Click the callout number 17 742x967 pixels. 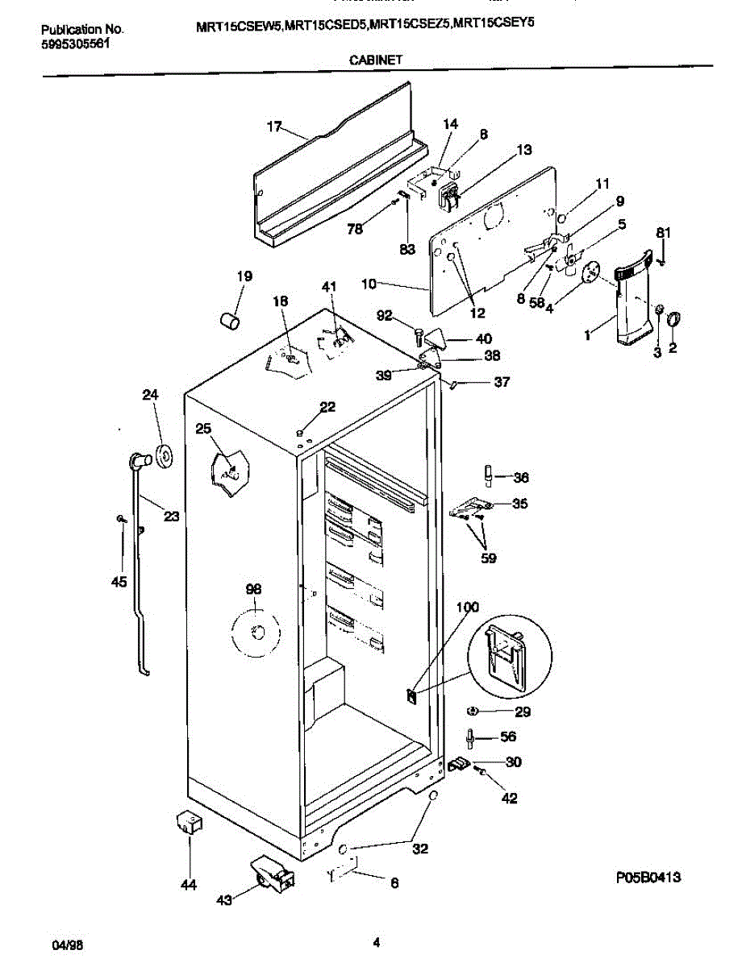(274, 127)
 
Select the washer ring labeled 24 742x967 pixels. (165, 455)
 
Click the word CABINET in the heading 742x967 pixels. (371, 59)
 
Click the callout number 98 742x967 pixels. (253, 590)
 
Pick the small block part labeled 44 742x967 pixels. (189, 824)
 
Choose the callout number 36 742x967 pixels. (521, 476)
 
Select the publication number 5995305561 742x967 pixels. (76, 46)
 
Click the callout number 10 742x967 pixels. (369, 284)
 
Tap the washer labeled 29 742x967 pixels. (474, 711)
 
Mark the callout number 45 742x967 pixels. (119, 582)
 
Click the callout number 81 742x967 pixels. (662, 233)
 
